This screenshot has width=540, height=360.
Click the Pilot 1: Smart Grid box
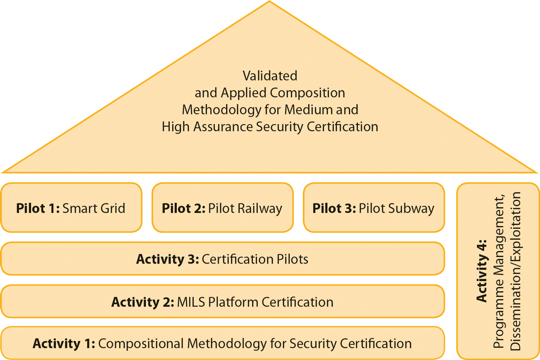click(x=71, y=208)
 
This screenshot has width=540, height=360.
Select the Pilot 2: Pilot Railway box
click(x=222, y=208)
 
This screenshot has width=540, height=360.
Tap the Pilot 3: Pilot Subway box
click(x=374, y=208)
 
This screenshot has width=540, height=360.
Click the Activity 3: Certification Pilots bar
click(x=222, y=259)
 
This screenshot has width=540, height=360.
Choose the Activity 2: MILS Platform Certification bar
click(x=222, y=302)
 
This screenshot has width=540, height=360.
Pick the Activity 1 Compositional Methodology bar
click(x=222, y=343)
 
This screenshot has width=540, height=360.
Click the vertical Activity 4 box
click(x=498, y=270)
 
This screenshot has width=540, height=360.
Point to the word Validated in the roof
click(x=270, y=76)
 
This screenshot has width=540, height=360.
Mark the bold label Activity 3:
click(x=167, y=259)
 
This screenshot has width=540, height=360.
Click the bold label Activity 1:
click(x=64, y=343)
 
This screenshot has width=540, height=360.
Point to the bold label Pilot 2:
click(x=183, y=208)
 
